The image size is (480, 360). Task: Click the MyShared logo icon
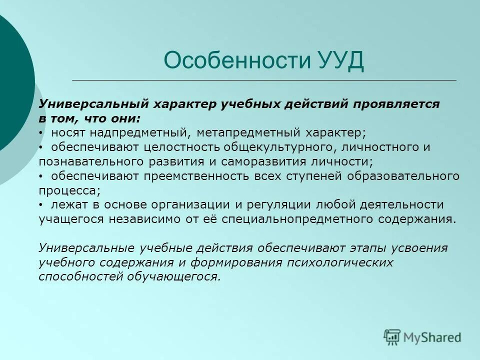(x=392, y=336)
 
